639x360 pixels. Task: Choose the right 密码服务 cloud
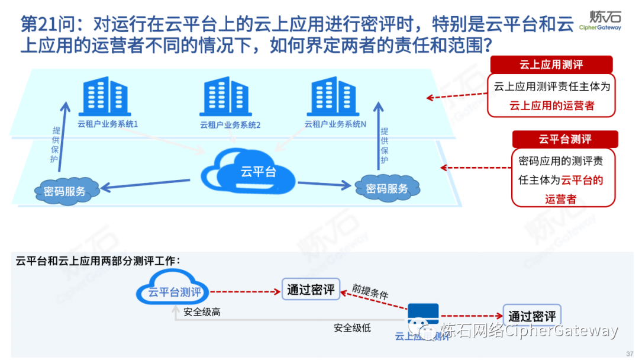(387, 188)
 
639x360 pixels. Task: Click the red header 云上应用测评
(550, 65)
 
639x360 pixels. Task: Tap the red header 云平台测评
(564, 139)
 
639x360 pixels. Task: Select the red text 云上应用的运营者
(551, 106)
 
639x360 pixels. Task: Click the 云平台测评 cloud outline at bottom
(173, 290)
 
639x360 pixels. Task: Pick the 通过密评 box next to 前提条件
(310, 290)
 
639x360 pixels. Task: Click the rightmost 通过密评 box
(532, 316)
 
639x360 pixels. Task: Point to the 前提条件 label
(370, 291)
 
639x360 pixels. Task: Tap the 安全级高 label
(202, 312)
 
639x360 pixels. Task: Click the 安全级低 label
(352, 327)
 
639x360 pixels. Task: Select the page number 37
(629, 353)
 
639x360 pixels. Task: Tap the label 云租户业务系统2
(230, 125)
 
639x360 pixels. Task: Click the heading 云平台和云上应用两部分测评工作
(98, 261)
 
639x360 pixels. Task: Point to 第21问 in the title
(47, 25)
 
